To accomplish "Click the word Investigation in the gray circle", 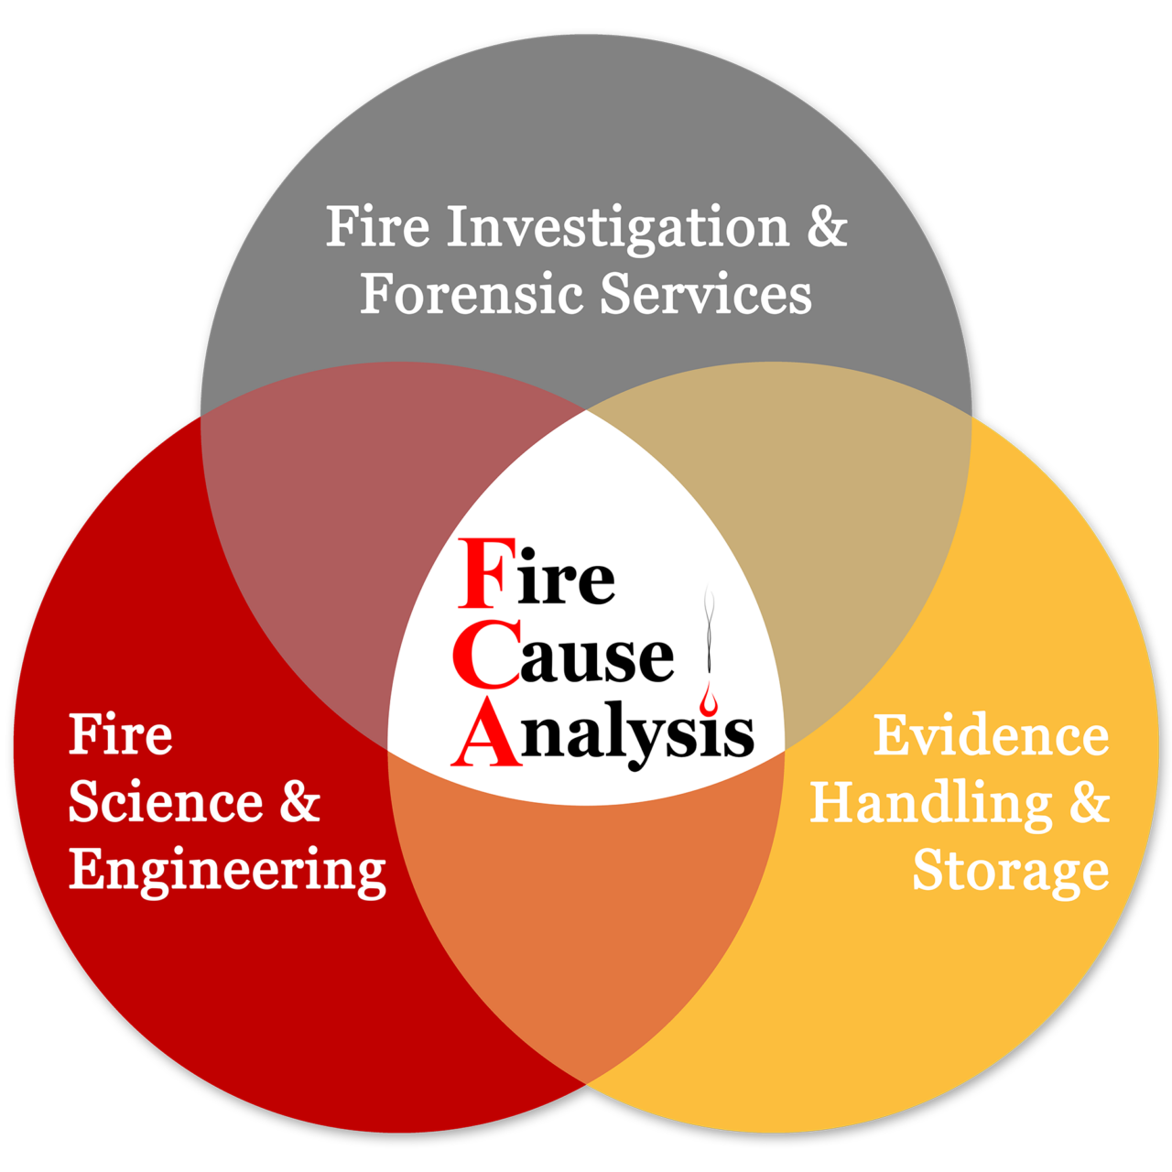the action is (618, 227).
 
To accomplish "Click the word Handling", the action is (930, 805).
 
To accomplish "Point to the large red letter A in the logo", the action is (486, 732).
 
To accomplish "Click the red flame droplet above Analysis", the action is (708, 699).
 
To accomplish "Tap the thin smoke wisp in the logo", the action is (708, 629).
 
